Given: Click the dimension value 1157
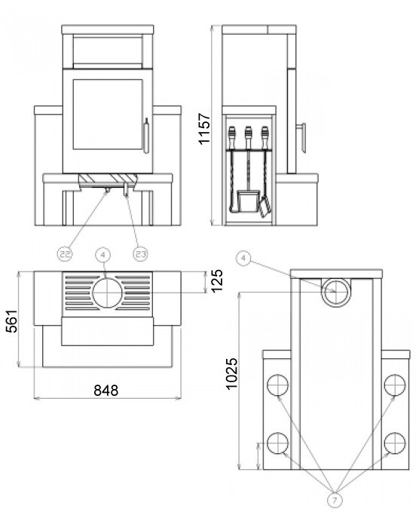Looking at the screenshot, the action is point(204,128).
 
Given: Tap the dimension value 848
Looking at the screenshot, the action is point(106,390).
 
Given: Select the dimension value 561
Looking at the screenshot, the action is point(12,321).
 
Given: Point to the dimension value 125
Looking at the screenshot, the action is point(216,281).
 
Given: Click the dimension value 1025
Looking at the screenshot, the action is point(232,373).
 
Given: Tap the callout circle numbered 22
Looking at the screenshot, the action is point(65,253).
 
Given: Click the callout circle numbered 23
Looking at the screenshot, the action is point(141,253).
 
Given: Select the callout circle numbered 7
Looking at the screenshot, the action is point(335,499).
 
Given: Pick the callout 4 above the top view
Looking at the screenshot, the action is point(103,255).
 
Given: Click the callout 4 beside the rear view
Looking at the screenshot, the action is point(243,259).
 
